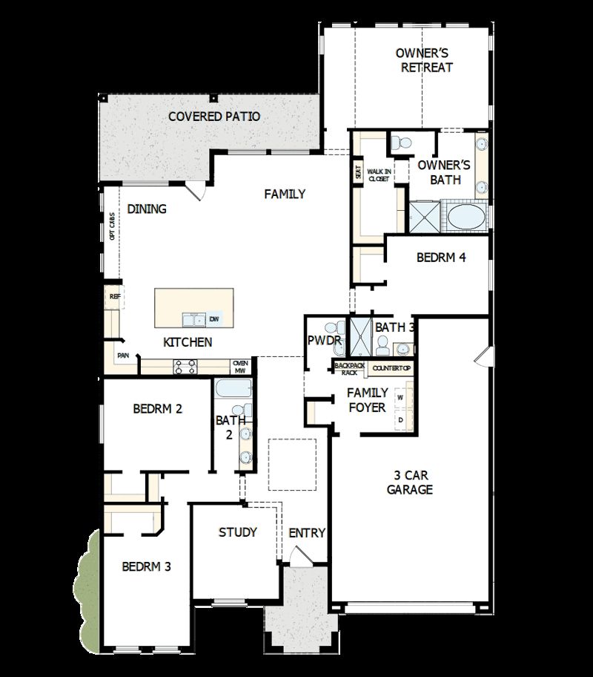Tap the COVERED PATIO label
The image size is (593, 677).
coord(213,117)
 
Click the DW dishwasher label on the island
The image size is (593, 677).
coord(213,319)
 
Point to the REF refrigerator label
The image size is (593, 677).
coord(114,296)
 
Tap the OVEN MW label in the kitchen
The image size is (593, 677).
coord(239,366)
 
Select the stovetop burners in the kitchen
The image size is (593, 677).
coord(185,366)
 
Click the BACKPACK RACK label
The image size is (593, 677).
coord(345,368)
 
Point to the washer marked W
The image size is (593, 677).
coord(401,398)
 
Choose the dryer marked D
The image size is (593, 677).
coord(401,420)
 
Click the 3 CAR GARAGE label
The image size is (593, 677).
coord(410,483)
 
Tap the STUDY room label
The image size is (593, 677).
coord(238,532)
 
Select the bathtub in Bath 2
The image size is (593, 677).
coord(232,390)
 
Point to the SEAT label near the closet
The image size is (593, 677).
coord(359,172)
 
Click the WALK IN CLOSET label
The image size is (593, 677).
coord(379,175)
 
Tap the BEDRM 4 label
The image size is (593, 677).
coord(441,258)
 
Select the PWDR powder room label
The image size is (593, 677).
coord(324,341)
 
